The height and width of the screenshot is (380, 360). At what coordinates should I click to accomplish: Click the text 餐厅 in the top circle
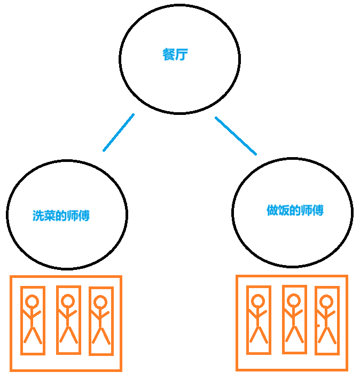coord(175,55)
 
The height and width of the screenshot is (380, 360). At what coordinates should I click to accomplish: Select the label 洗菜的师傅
coord(61,216)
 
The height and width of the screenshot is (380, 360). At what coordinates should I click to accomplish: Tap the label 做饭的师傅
coord(295,211)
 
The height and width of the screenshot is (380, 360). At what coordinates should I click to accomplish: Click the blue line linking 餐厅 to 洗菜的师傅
coord(119,132)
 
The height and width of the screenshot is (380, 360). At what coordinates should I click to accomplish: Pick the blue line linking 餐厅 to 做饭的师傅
coord(236,136)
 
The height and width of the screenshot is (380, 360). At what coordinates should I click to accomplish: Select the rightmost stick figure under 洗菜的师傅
coord(100,321)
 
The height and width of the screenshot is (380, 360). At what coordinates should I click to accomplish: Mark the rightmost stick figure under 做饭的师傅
coord(326,320)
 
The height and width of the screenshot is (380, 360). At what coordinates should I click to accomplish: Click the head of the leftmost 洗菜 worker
coord(33,302)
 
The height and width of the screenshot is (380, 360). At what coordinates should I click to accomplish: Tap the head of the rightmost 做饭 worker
coord(326,301)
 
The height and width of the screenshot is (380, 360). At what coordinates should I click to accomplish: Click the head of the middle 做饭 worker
coord(293,300)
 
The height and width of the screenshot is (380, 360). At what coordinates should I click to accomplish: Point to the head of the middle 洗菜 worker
coord(68,301)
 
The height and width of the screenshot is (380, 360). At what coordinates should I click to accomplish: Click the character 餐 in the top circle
coord(169,55)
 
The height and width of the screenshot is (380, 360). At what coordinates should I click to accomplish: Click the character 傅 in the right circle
coord(318,211)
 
